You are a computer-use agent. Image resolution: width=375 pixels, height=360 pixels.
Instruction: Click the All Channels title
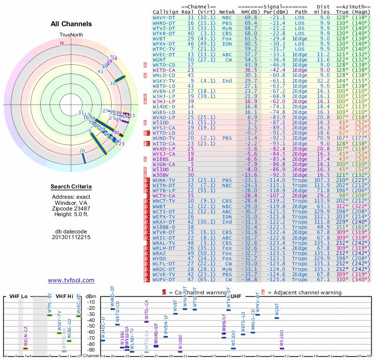pos(71,24)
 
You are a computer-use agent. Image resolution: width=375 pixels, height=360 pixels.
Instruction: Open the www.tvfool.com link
pos(71,280)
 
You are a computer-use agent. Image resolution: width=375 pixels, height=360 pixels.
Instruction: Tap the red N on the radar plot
pos(61,43)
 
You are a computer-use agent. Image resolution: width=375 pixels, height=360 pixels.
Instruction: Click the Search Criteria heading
pos(71,187)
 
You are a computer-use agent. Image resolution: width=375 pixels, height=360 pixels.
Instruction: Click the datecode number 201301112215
pos(71,237)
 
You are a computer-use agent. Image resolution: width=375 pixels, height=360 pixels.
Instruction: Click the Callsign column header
pos(165,12)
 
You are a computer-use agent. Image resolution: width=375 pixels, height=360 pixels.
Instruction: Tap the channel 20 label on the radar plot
pos(82,150)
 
